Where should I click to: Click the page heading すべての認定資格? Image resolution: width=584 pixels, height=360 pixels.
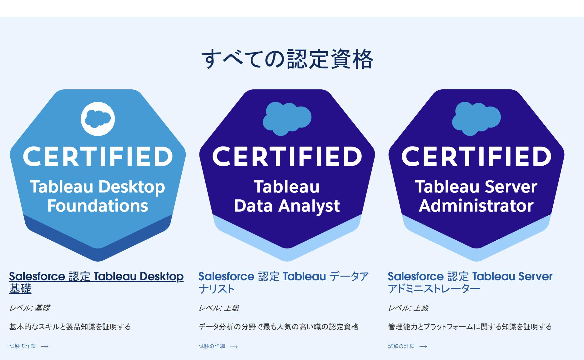coord(287,59)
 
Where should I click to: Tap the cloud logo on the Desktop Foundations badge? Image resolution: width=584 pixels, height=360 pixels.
coord(98,119)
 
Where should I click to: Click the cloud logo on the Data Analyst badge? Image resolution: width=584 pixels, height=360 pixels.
coord(287,119)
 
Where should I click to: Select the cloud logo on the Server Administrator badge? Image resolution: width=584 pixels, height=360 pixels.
coord(476,119)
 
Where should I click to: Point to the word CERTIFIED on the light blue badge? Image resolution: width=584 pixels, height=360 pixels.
coord(98,156)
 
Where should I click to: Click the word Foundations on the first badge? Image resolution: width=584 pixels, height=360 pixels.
coord(98,206)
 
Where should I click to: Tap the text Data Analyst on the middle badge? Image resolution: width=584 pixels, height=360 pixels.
coord(287,206)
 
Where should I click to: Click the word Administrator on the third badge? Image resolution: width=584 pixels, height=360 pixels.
coord(476,206)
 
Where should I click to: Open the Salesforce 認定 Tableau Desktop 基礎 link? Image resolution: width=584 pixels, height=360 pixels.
coord(96,282)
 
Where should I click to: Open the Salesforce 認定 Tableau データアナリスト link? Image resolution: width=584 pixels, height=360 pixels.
coord(284,282)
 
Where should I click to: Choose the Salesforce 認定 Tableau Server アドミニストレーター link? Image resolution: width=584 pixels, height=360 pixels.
coord(470,282)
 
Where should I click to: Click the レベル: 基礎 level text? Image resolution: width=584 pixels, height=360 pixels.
coord(30,308)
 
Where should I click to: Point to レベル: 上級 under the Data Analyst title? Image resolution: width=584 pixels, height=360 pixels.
coord(219,308)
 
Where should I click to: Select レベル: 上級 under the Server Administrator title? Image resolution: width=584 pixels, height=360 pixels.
coord(408,308)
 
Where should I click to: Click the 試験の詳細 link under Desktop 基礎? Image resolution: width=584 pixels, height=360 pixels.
coord(23,346)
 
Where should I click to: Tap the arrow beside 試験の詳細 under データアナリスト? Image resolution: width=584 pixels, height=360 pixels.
coord(234,346)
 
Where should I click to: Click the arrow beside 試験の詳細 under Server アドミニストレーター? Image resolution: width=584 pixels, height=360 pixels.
coord(423,346)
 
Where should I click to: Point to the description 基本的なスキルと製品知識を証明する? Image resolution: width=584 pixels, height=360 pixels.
coord(70,327)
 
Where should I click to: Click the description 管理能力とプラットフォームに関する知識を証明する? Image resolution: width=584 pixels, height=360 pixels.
coord(470,327)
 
